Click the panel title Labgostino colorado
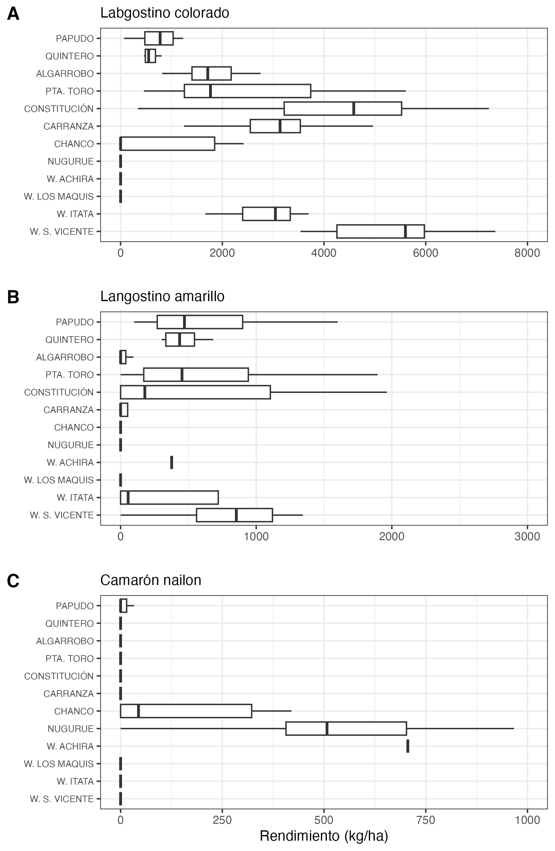tap(165, 13)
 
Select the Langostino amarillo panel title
tap(162, 296)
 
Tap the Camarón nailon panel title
tap(150, 580)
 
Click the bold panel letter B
tap(13, 297)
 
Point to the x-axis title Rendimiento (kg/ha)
tap(324, 836)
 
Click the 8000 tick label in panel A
tap(527, 253)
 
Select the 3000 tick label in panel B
tap(527, 536)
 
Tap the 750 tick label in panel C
tap(426, 820)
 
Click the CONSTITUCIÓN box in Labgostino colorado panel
tap(343, 109)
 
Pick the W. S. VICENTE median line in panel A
tap(405, 231)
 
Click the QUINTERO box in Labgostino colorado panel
tap(150, 56)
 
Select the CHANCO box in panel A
tap(167, 144)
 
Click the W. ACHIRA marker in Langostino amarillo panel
tap(172, 462)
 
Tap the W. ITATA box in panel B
tap(169, 497)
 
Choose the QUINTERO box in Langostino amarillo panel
tap(180, 340)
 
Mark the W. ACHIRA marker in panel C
tap(408, 746)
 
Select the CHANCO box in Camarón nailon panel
tap(186, 711)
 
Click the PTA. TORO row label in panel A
tap(69, 91)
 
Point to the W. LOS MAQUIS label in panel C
tap(59, 764)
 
